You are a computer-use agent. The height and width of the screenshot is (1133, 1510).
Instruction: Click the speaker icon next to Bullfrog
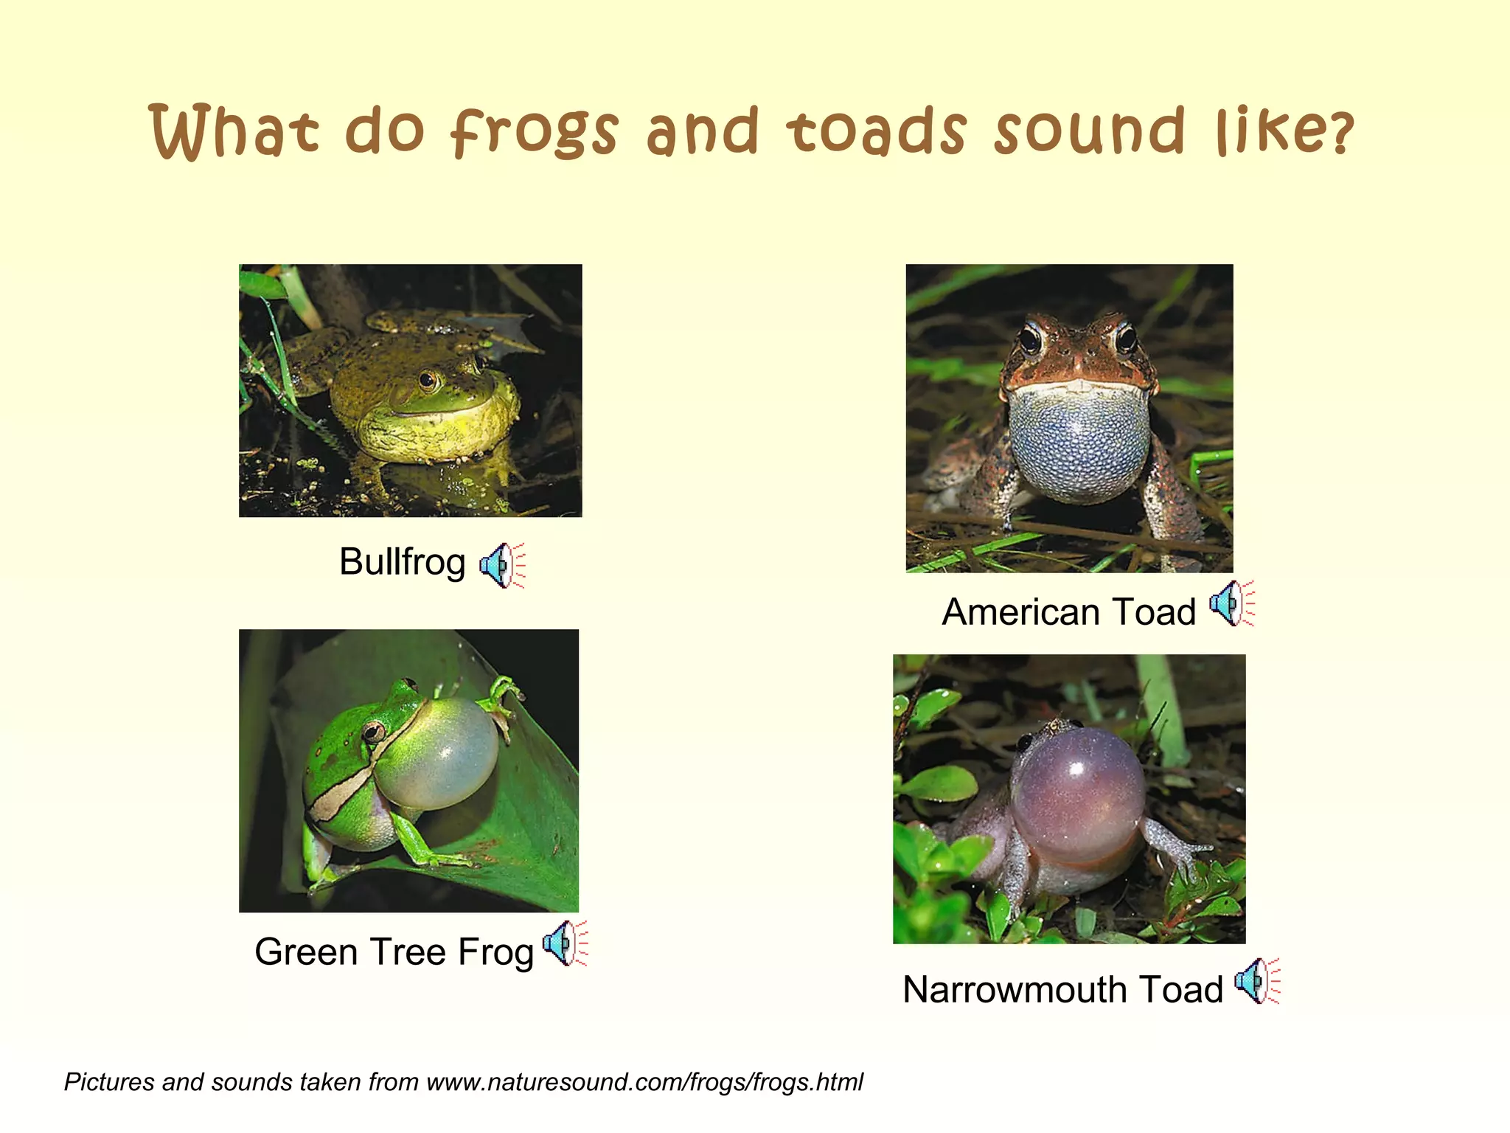click(501, 566)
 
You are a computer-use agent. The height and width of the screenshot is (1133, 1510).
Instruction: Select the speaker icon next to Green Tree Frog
click(564, 943)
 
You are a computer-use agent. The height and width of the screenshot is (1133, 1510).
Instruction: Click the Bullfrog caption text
click(402, 563)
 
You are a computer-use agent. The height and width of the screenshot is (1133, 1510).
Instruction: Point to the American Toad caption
click(1068, 612)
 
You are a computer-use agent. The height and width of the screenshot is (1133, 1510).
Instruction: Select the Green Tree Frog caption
click(394, 952)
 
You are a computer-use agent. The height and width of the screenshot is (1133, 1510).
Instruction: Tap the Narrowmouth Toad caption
click(1062, 990)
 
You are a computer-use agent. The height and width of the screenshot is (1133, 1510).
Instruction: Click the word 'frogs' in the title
click(535, 133)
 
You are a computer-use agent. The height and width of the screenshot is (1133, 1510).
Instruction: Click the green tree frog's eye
click(374, 731)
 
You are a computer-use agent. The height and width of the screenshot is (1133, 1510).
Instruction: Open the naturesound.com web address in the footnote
click(644, 1082)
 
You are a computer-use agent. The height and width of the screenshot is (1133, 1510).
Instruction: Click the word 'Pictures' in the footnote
click(108, 1082)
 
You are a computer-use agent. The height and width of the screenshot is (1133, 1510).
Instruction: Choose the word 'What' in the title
click(234, 133)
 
